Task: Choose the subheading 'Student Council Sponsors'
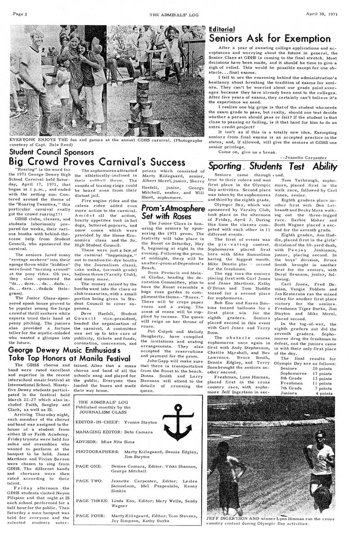click(52, 151)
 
